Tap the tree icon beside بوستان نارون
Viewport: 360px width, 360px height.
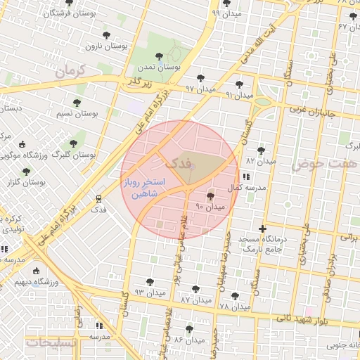coord(106,34)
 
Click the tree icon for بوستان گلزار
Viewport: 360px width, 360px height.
coord(26,171)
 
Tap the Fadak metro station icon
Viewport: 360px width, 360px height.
coord(98,198)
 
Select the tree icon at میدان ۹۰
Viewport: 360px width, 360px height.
coord(210,195)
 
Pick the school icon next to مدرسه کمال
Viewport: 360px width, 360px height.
coord(246,176)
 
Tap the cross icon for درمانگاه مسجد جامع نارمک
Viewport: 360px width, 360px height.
coord(262,229)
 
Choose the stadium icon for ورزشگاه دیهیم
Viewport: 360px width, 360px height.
coord(37,271)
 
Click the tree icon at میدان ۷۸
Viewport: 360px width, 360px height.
coord(235,296)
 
